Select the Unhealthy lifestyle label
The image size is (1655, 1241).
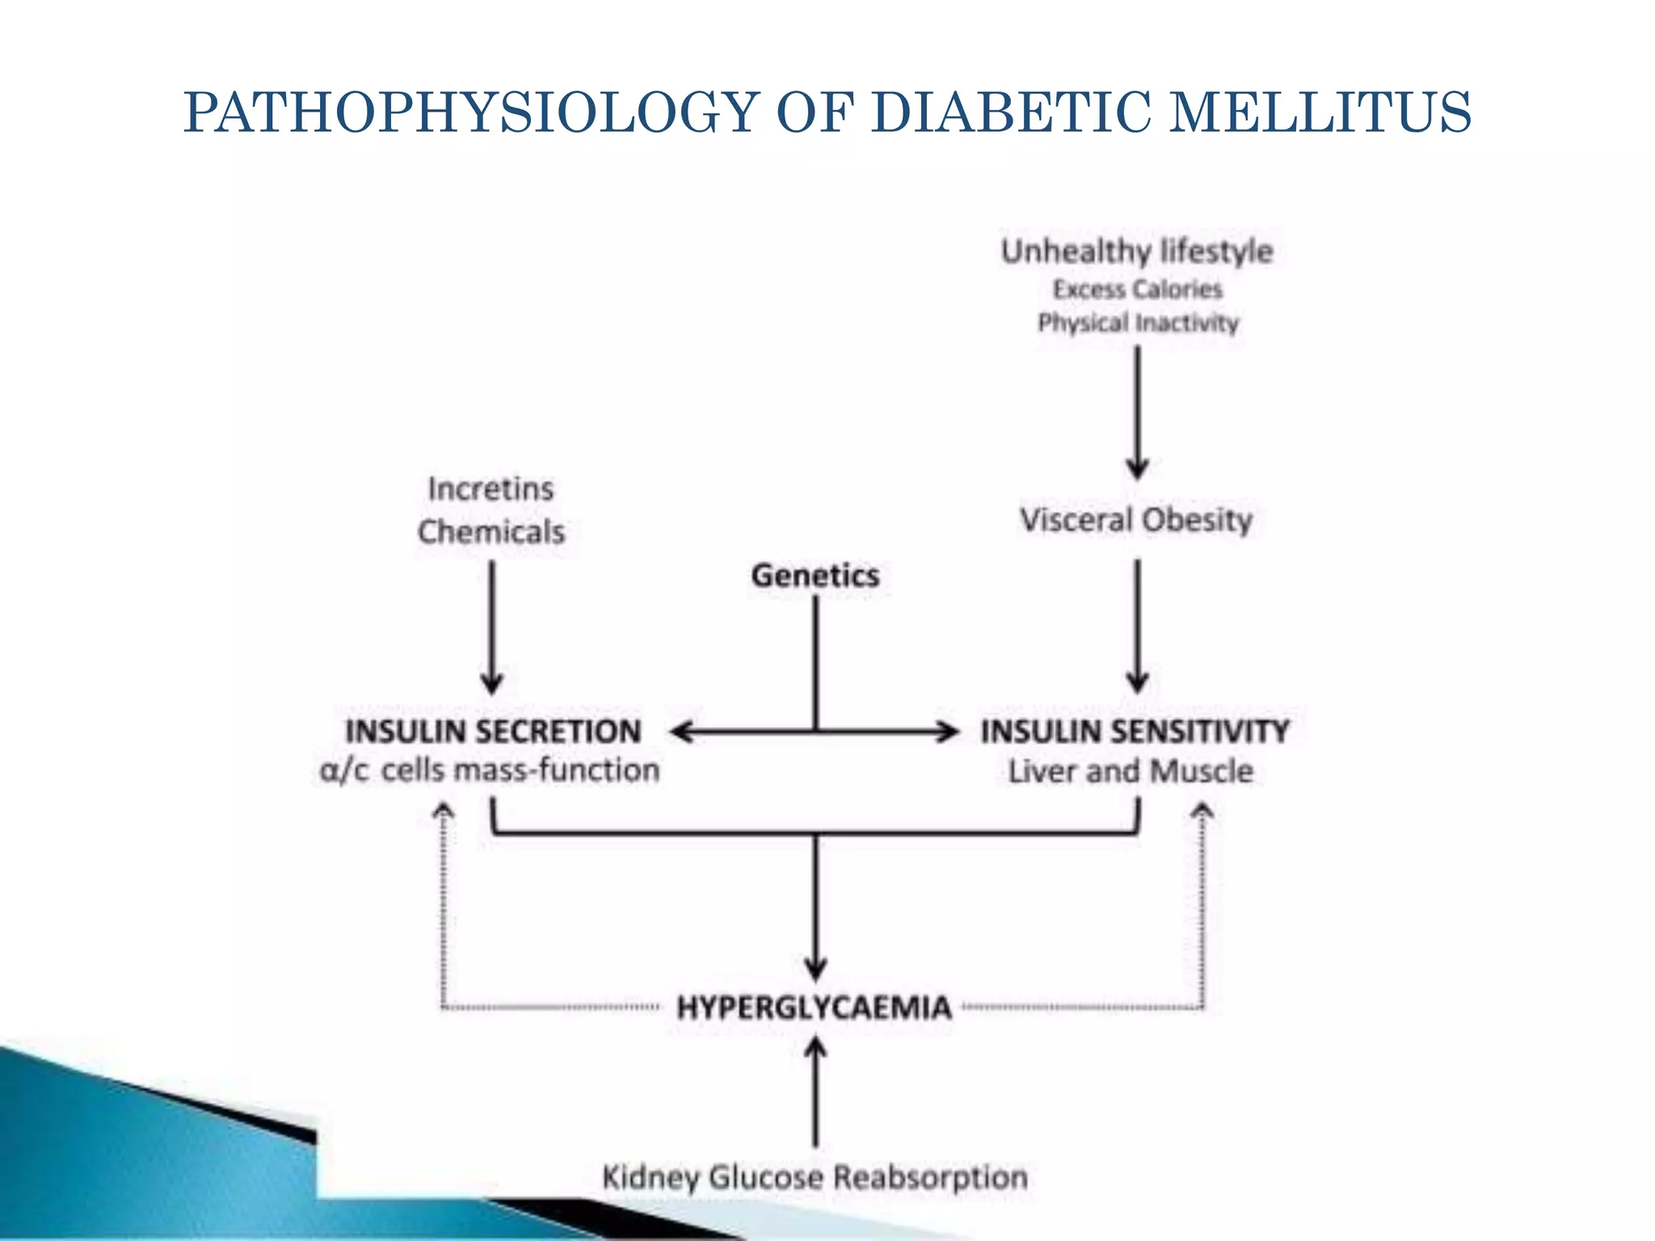[x=1137, y=251]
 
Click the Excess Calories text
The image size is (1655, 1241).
[x=1137, y=289]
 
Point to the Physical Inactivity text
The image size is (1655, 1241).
[x=1138, y=323]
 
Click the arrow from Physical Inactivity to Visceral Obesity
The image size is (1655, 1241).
[x=1138, y=412]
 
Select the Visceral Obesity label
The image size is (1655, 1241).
[x=1135, y=520]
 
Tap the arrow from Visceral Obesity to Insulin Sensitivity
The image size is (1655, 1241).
[x=1138, y=626]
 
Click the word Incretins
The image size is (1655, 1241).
[x=491, y=489]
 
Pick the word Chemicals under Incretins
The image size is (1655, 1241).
[x=491, y=532]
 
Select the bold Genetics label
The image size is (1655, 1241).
[x=815, y=575]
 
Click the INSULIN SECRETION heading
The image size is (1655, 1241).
[x=493, y=731]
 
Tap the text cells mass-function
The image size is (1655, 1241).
[x=520, y=770]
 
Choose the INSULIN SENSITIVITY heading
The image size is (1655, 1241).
[x=1135, y=731]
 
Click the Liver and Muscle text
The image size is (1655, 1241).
[x=1131, y=771]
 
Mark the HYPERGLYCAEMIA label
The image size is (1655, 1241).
[x=815, y=1008]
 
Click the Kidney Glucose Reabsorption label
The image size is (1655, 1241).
[x=815, y=1177]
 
